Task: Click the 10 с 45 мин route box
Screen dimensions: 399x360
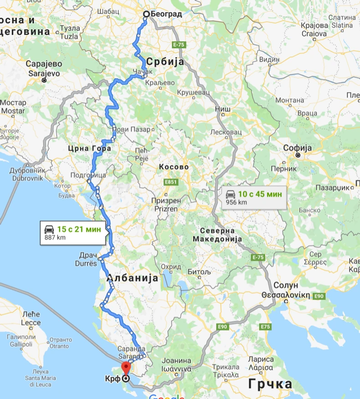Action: (254, 197)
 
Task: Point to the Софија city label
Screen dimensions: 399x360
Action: (297, 148)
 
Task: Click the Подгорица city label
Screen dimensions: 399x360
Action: (88, 175)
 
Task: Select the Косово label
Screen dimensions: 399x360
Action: (174, 167)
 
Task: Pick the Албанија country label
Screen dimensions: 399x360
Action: (133, 278)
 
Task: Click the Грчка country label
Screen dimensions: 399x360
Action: (271, 384)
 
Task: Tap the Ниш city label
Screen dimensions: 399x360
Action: (222, 109)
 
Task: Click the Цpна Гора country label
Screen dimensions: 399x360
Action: (89, 148)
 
